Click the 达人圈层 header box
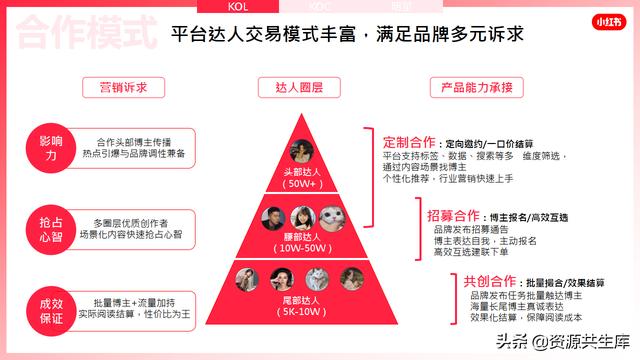(x=297, y=88)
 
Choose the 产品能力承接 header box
(x=477, y=88)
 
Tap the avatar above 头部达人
(x=299, y=151)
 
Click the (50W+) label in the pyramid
(x=298, y=185)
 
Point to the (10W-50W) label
(x=299, y=248)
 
